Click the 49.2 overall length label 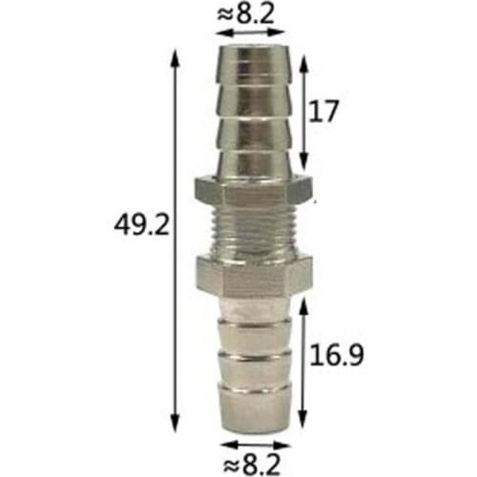(x=141, y=226)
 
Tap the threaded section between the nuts (x=254, y=231)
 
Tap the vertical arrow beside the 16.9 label (x=302, y=363)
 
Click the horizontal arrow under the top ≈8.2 (x=254, y=32)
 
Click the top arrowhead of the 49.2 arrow (x=176, y=57)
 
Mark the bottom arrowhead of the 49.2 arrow (x=176, y=424)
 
